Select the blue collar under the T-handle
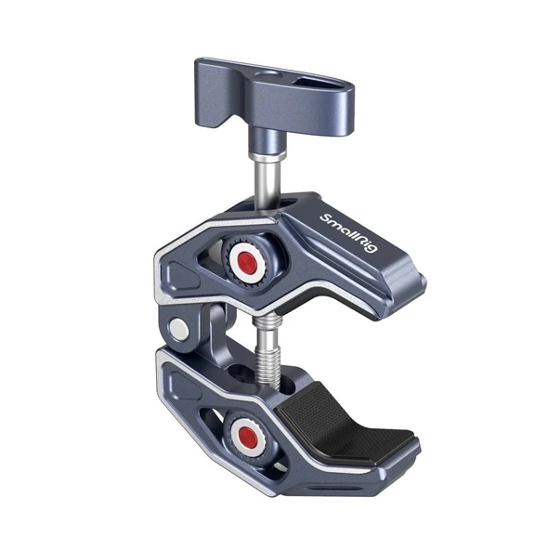point(253,137)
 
